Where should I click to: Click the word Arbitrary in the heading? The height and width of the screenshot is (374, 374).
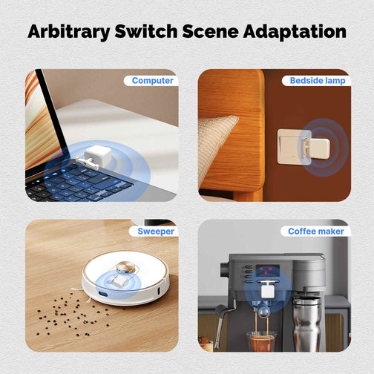click(x=69, y=32)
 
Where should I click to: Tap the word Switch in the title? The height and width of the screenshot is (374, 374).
click(x=146, y=31)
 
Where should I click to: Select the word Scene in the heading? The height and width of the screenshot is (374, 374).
click(x=210, y=31)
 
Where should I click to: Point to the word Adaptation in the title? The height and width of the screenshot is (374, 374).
click(x=295, y=32)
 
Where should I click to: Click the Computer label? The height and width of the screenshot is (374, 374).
click(x=153, y=81)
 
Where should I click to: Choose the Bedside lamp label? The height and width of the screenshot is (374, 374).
click(x=318, y=81)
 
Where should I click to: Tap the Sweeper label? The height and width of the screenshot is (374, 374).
click(x=156, y=232)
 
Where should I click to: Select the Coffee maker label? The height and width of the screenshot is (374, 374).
click(x=316, y=232)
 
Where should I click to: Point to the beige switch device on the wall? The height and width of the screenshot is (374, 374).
click(x=318, y=148)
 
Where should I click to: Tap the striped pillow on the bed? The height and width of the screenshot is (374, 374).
click(x=216, y=146)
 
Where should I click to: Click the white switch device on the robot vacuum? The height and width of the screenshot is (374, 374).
click(x=118, y=280)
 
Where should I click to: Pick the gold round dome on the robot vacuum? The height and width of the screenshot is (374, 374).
click(x=126, y=267)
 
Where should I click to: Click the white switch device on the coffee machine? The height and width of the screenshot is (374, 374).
click(x=268, y=289)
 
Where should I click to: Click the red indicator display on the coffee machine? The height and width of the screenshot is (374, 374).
click(x=267, y=270)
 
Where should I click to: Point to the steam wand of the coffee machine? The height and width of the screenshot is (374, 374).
click(x=221, y=324)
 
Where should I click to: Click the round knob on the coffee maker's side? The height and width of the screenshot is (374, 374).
click(x=225, y=269)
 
